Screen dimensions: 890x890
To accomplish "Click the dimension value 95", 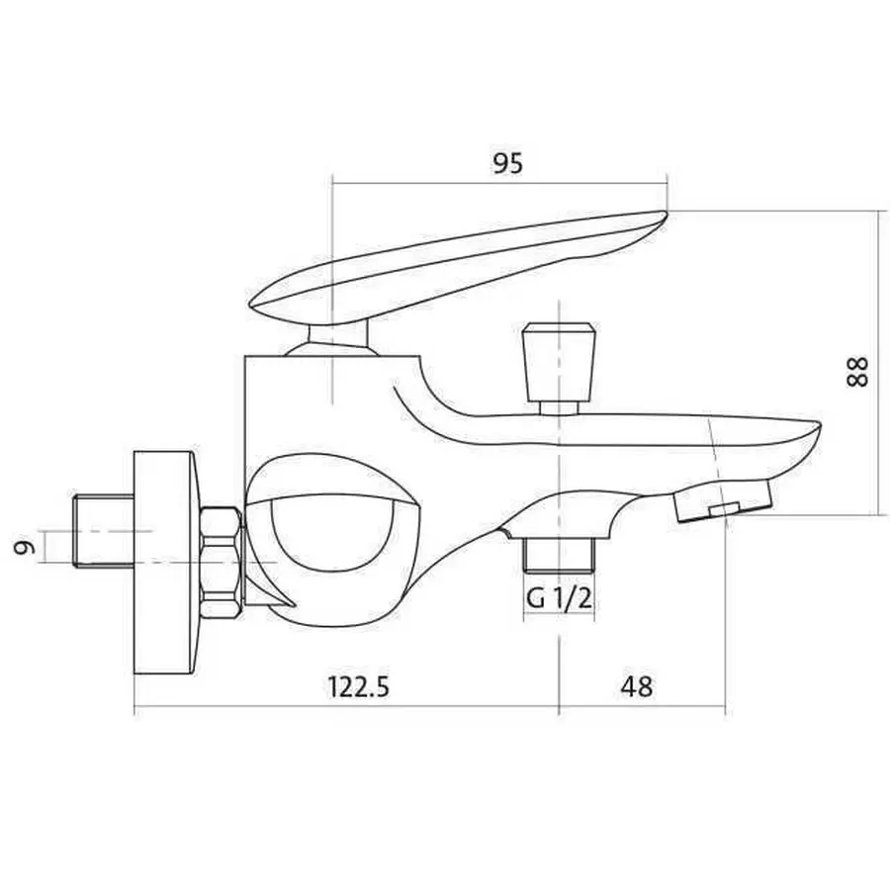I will pyautogui.click(x=506, y=164).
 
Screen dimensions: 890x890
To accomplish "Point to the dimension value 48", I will pyautogui.click(x=639, y=686).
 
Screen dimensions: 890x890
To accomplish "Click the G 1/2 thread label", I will pyautogui.click(x=559, y=600).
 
